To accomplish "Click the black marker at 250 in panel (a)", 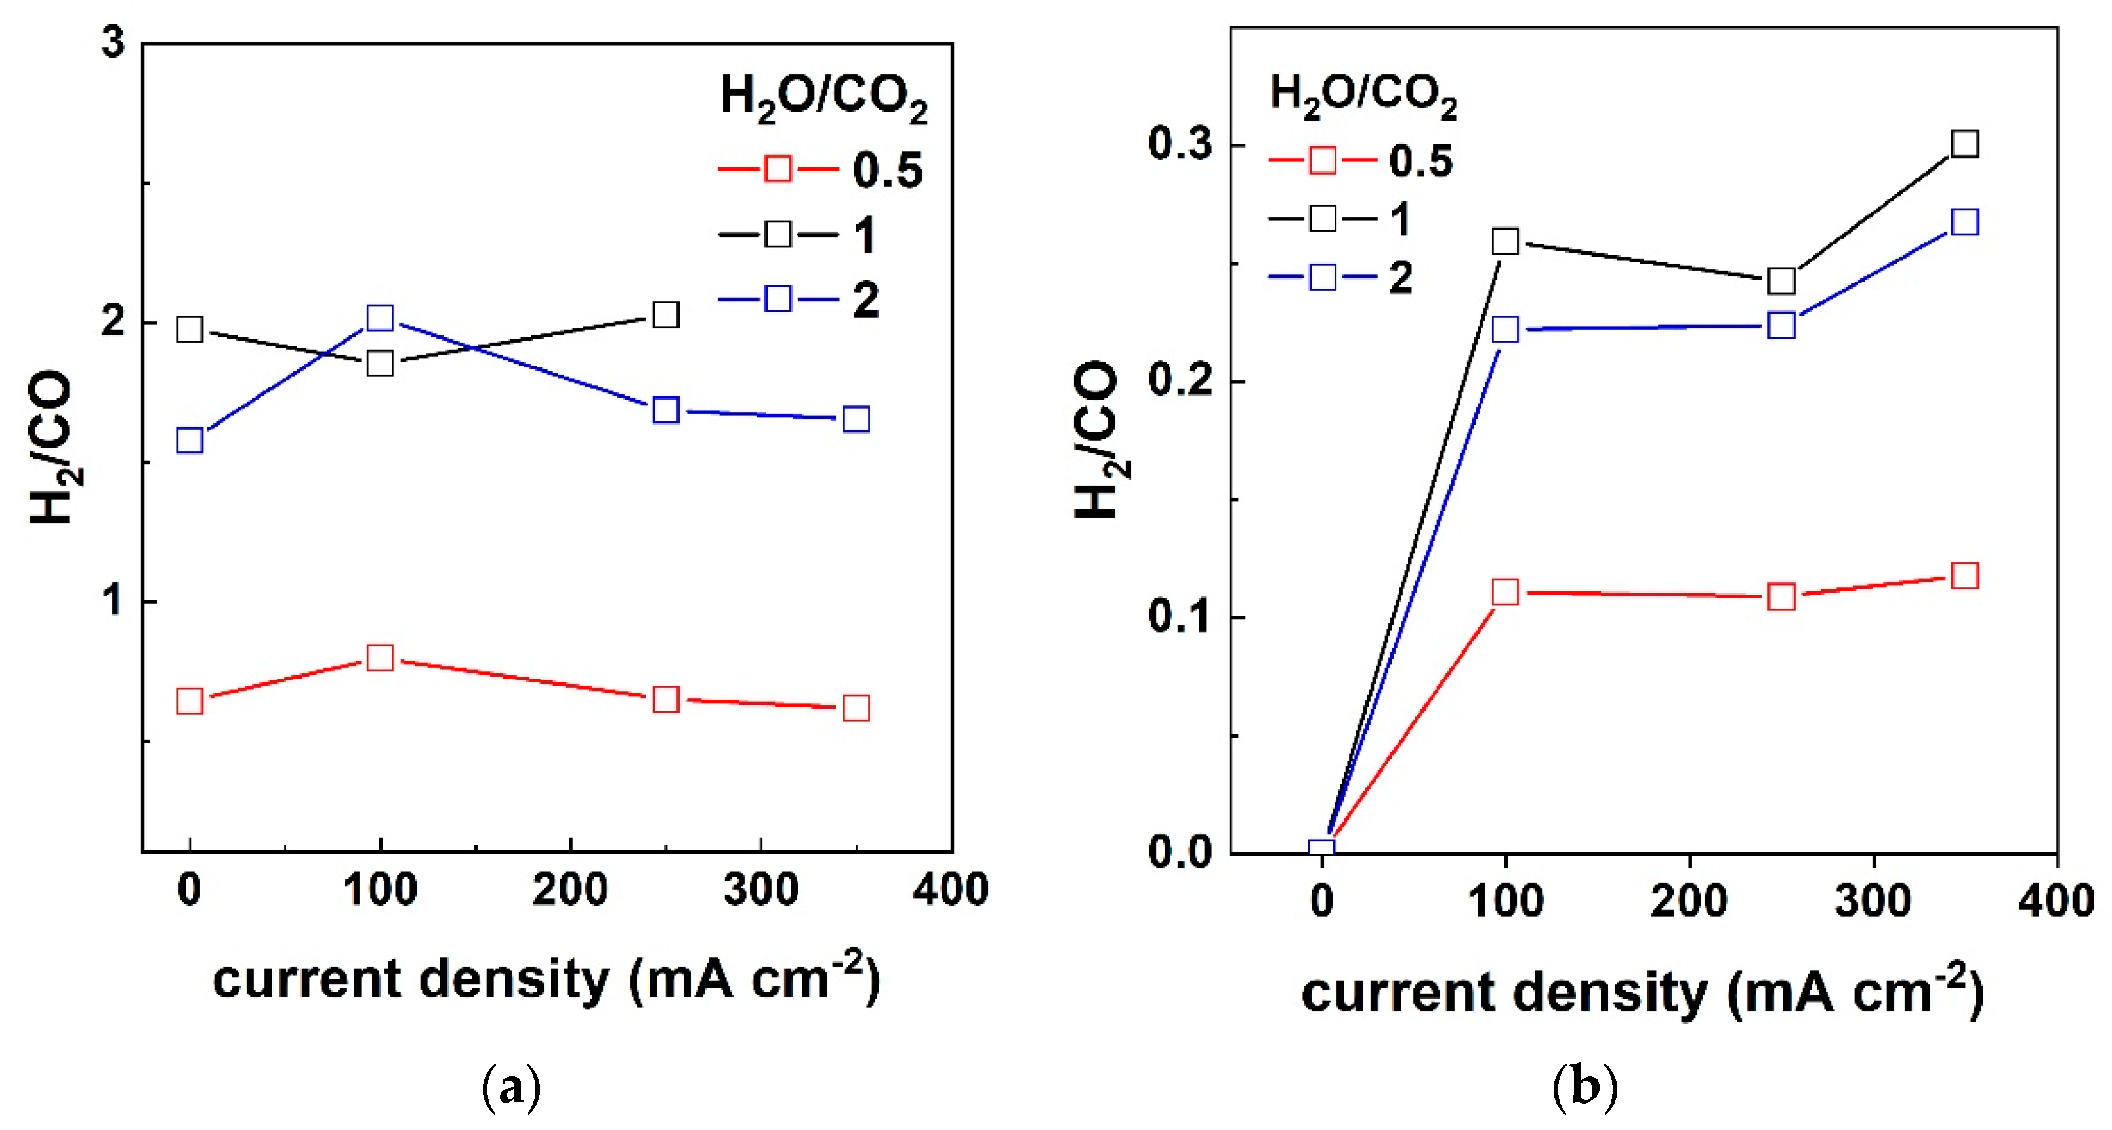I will click(x=665, y=315).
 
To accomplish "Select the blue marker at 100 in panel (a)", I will click(x=380, y=318).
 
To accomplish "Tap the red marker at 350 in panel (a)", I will click(x=856, y=707).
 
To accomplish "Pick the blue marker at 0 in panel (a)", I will click(x=190, y=440).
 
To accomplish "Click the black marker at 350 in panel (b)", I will click(x=1964, y=144).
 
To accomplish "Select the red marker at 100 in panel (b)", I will click(x=1504, y=591).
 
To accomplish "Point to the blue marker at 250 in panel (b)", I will click(x=1781, y=325).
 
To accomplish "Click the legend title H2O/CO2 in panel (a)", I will click(x=823, y=96).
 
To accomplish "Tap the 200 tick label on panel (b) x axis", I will click(x=1689, y=900).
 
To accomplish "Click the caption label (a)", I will click(x=512, y=1088).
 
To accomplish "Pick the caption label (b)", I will click(x=1584, y=1088).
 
